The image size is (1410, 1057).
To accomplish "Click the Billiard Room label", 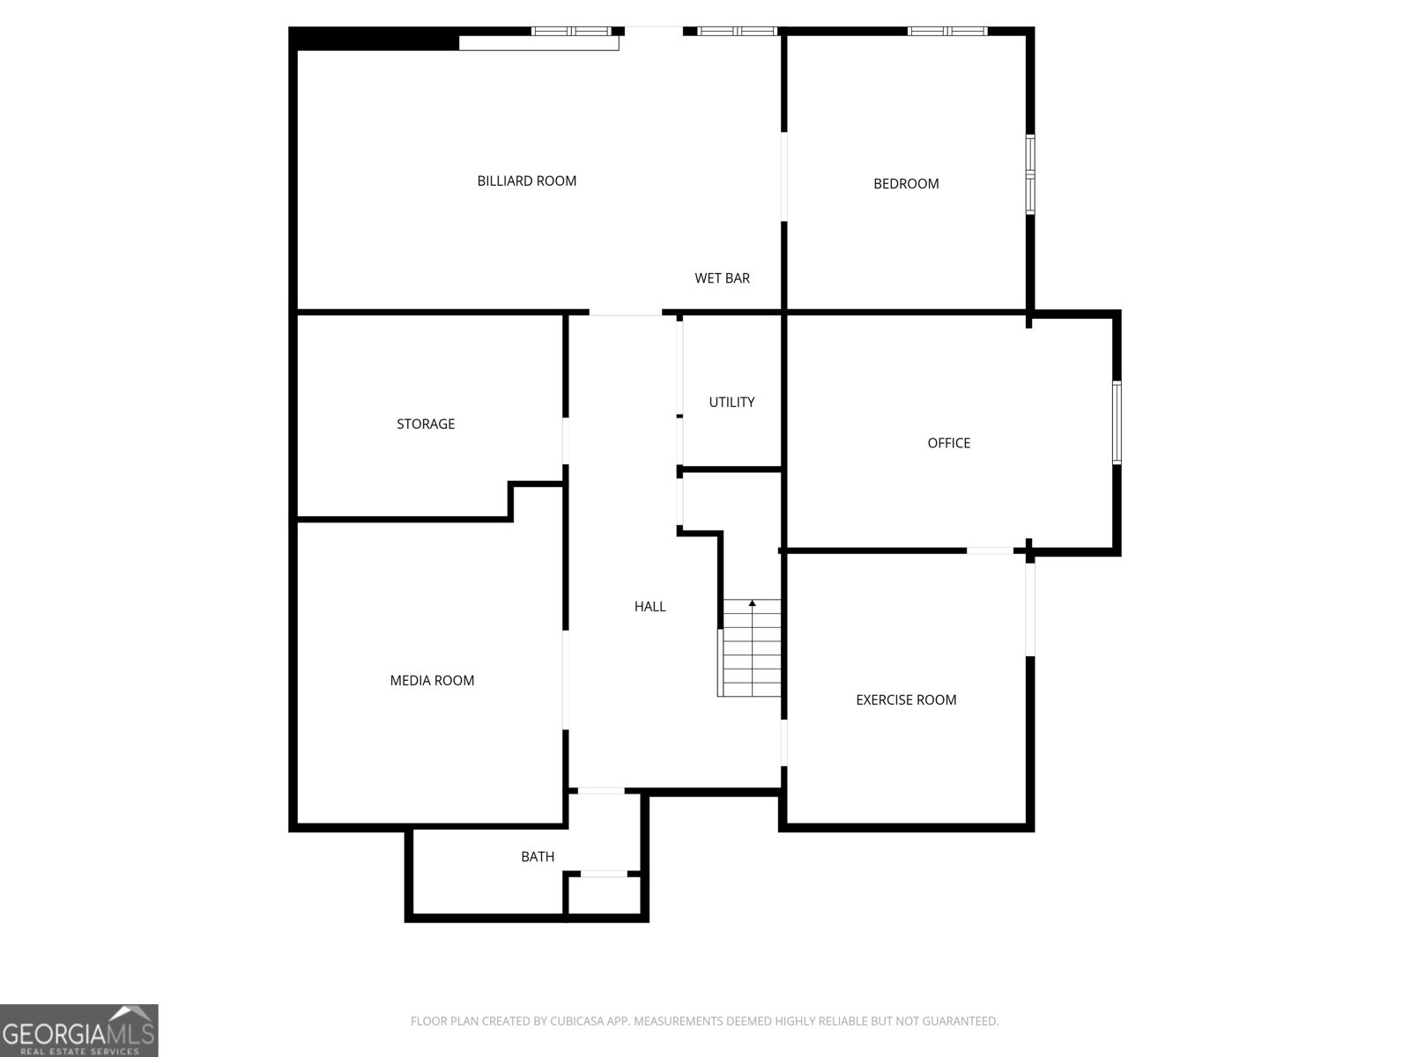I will click(x=527, y=181).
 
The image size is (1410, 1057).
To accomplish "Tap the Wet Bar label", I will click(x=722, y=278).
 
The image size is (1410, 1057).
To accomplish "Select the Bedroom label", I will click(x=906, y=184).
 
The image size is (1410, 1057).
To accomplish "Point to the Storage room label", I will click(x=426, y=425).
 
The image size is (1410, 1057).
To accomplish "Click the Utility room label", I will click(x=731, y=403).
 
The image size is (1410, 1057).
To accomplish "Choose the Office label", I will click(x=948, y=443).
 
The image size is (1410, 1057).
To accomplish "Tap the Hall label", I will click(x=650, y=607).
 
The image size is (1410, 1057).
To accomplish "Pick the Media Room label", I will click(x=432, y=681).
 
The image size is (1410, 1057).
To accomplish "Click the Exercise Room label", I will click(x=906, y=700).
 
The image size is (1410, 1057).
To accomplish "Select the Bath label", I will click(x=538, y=857).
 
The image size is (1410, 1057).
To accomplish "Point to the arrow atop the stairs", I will click(x=753, y=603).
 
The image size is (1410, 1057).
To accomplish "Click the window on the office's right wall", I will click(x=1117, y=423).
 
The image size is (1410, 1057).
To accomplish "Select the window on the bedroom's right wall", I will click(x=1029, y=174).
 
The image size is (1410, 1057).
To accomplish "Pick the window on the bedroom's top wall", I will click(x=947, y=32).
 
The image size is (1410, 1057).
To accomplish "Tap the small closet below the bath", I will click(x=604, y=897).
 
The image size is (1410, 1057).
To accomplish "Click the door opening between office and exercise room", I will click(x=990, y=551).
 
